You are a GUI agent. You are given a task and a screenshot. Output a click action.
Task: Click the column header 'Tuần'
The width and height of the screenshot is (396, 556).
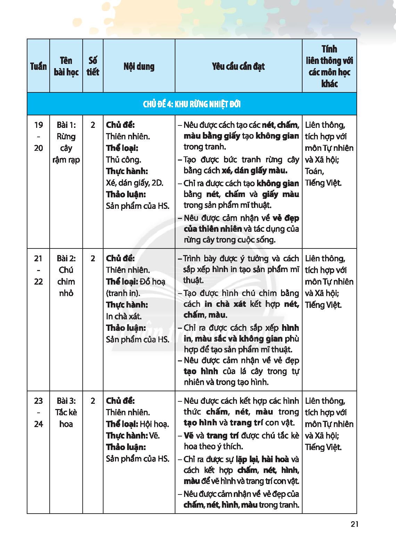[38, 66]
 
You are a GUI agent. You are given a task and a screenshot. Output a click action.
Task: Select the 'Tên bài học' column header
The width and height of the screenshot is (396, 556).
[66, 66]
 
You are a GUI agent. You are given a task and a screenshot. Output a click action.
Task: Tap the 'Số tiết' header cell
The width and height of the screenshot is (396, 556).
[93, 66]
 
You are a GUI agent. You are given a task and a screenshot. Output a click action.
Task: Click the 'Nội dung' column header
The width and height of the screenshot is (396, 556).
[139, 66]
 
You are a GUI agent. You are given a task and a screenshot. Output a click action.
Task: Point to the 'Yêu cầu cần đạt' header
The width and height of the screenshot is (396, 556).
[238, 66]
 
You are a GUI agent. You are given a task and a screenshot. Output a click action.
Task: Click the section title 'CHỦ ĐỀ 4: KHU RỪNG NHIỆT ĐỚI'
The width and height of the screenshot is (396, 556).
[192, 104]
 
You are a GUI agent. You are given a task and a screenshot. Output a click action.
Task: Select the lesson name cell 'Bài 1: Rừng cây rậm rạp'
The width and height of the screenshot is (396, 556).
[66, 142]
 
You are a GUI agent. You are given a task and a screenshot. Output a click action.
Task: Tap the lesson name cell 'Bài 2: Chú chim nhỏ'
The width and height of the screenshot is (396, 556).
[66, 276]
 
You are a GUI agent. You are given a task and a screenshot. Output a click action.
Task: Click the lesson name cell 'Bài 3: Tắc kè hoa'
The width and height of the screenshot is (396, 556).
[66, 412]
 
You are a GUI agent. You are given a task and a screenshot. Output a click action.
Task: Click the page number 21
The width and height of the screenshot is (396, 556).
[354, 524]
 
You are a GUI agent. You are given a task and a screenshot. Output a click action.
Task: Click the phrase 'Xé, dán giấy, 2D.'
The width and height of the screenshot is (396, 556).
[134, 183]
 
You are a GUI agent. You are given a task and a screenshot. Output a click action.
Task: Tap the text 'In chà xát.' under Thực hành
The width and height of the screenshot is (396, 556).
[124, 316]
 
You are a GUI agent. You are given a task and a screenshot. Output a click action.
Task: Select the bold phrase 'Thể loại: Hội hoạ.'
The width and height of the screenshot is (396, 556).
[138, 424]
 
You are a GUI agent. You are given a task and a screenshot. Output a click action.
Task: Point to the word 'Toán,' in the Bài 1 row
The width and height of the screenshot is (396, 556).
[315, 171]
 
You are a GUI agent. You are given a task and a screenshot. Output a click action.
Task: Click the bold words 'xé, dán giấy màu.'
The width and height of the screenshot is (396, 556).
[255, 171]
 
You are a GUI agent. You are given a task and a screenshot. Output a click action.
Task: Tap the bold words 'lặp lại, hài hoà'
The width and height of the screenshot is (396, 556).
[263, 459]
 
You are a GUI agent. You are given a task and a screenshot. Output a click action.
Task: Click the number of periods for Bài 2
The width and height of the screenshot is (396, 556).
[93, 259]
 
